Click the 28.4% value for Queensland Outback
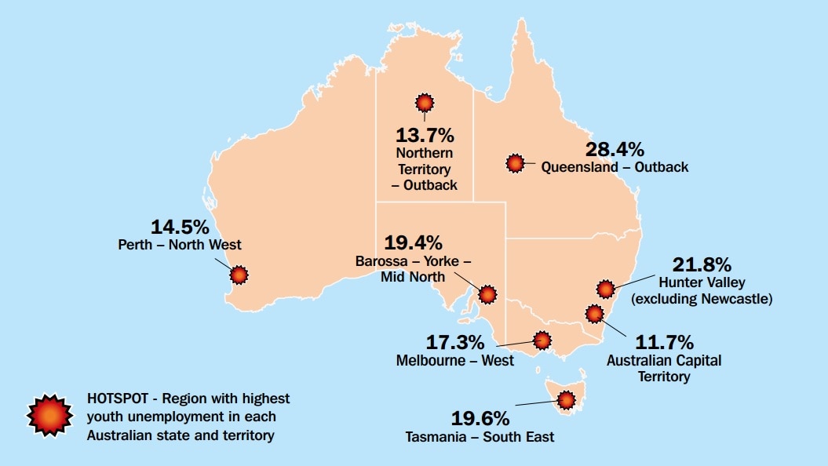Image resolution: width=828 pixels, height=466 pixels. point(615,149)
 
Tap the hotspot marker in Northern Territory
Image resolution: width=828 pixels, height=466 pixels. point(425,103)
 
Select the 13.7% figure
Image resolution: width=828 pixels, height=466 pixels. point(425,134)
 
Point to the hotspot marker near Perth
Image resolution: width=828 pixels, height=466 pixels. point(239,275)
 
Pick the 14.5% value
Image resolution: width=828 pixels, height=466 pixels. point(181,228)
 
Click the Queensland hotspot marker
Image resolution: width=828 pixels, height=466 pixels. point(515,163)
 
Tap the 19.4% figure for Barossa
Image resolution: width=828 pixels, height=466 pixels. point(413,242)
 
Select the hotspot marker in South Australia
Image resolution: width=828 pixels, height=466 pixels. point(487,294)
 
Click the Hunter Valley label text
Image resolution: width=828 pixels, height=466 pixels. point(702,282)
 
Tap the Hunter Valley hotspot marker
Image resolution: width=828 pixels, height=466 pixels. point(605,289)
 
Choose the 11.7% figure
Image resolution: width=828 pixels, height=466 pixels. point(664,342)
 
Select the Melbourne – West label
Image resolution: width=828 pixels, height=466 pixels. point(455,361)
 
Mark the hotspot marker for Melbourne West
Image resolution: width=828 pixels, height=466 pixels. point(542,340)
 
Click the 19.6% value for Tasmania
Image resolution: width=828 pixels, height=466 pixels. point(480,418)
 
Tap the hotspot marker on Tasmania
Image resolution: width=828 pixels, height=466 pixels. point(564,402)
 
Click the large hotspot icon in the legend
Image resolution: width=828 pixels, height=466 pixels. point(50,415)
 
